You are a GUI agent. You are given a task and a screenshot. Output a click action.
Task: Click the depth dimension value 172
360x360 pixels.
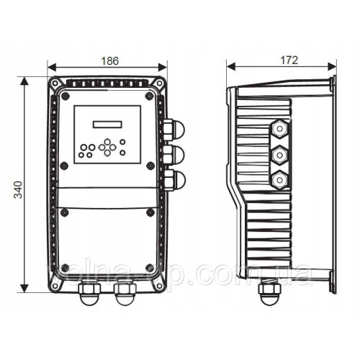point(288,61)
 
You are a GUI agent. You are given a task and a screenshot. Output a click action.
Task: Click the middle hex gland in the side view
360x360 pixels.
point(278,155)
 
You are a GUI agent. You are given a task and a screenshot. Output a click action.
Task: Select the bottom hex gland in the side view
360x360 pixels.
point(278,179)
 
